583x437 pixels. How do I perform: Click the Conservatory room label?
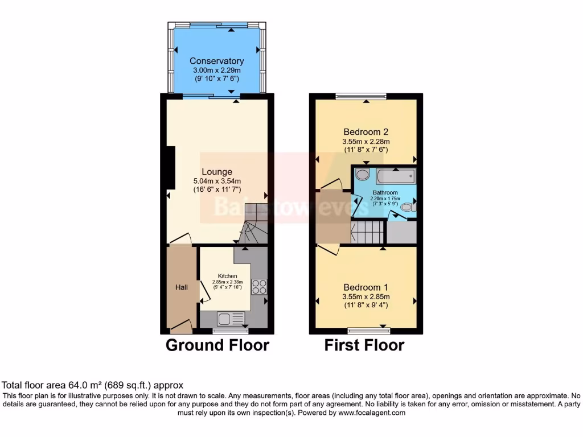(x=216, y=61)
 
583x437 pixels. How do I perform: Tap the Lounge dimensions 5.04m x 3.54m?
(x=216, y=182)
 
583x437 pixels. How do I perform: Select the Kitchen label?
(x=227, y=276)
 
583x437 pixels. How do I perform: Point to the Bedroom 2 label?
(x=366, y=131)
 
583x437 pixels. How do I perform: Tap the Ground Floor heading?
(x=217, y=345)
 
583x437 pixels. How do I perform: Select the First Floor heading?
(x=364, y=345)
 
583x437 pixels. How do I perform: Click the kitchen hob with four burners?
(x=259, y=287)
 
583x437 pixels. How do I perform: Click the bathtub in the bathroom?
(x=395, y=175)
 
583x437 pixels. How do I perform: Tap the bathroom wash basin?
(x=362, y=175)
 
